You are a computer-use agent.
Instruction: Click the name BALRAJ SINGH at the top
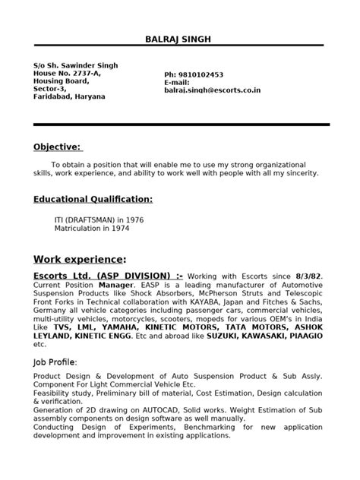tap(180, 39)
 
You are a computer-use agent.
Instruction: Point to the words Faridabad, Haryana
tap(70, 96)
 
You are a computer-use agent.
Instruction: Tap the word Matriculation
tap(77, 227)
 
